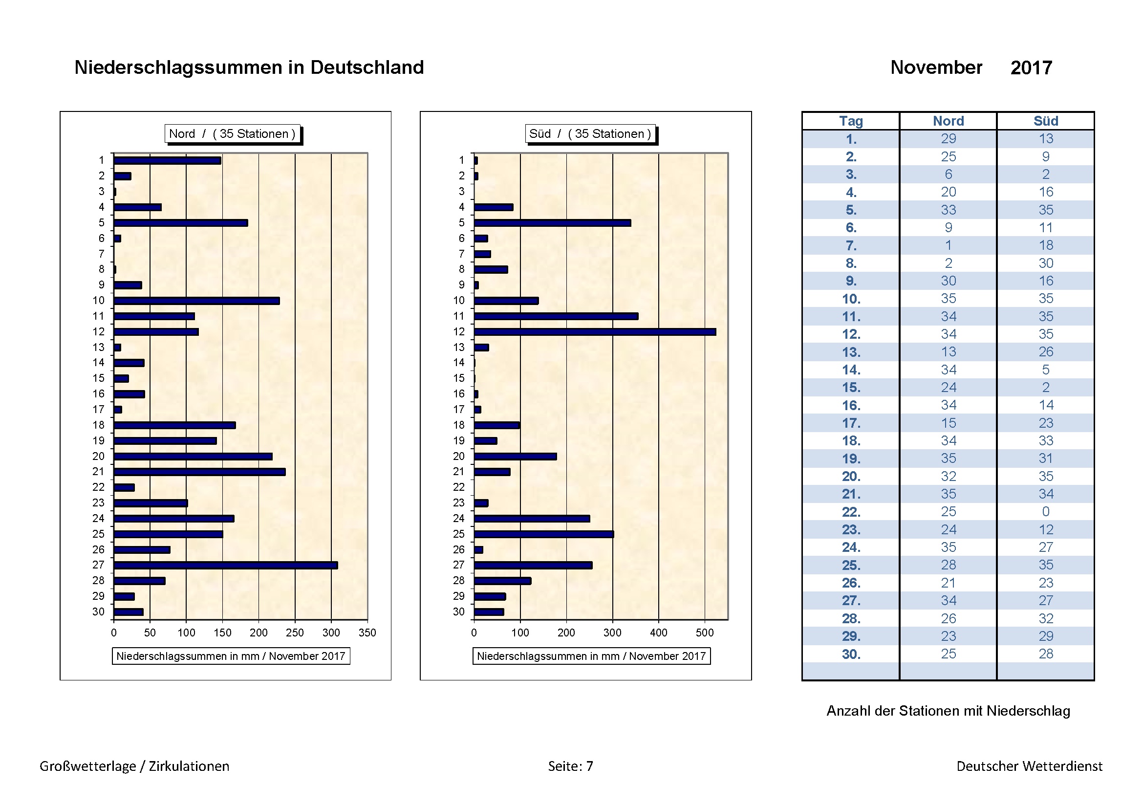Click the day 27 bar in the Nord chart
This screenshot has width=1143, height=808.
click(x=225, y=565)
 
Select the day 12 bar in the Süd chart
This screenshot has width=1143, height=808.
click(x=595, y=331)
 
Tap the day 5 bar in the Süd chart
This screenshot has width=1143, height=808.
click(x=553, y=223)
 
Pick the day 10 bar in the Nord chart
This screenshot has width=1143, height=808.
click(x=196, y=301)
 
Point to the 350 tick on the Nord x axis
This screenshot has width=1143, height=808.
click(x=367, y=633)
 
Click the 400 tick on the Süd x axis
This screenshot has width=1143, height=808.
click(x=659, y=633)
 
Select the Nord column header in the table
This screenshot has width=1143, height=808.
click(x=948, y=121)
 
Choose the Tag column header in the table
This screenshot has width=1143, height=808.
click(x=851, y=121)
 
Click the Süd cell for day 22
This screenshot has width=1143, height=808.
click(x=1045, y=512)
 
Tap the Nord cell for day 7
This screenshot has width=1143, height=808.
click(x=948, y=245)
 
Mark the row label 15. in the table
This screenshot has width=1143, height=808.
click(x=851, y=387)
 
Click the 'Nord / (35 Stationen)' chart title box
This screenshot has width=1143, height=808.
click(x=233, y=134)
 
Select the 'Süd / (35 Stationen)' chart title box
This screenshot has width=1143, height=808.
click(x=590, y=134)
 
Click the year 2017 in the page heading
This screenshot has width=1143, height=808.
click(x=1031, y=68)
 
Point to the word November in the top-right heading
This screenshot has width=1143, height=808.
click(x=936, y=68)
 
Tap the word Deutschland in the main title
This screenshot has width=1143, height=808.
click(x=367, y=68)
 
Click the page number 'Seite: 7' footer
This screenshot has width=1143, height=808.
click(x=570, y=766)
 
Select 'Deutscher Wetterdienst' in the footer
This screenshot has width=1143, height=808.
click(x=1029, y=766)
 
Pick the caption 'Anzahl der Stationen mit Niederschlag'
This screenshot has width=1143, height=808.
click(x=948, y=711)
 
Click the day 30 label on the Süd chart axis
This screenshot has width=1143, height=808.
click(x=458, y=612)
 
